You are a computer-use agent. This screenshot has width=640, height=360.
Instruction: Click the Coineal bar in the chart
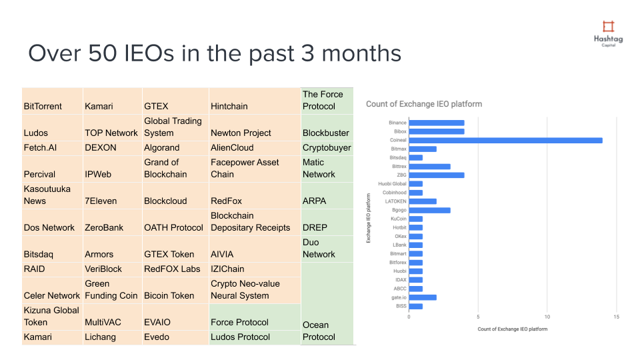click(x=505, y=140)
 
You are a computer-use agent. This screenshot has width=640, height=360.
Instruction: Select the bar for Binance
click(x=437, y=123)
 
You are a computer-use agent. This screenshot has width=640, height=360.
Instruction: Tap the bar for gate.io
click(x=423, y=297)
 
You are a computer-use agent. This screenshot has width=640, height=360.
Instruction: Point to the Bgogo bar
click(x=429, y=210)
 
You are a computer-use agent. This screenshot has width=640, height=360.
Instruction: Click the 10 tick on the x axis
click(x=547, y=317)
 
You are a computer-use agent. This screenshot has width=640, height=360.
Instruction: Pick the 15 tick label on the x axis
click(x=617, y=317)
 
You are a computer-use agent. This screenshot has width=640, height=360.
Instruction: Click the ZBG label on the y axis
click(x=401, y=175)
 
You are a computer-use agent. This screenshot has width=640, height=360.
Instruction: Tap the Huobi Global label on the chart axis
click(x=393, y=184)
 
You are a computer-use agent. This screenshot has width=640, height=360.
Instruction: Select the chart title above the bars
click(x=424, y=104)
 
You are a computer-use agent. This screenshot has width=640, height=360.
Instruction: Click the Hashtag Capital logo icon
click(x=608, y=27)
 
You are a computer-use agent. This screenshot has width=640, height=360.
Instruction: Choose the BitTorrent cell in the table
click(x=43, y=106)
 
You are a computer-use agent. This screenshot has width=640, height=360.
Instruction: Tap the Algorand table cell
click(x=162, y=147)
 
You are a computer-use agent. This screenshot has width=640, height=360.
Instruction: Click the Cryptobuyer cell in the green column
click(x=327, y=147)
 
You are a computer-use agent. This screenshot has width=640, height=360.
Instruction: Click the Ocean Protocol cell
click(x=319, y=331)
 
